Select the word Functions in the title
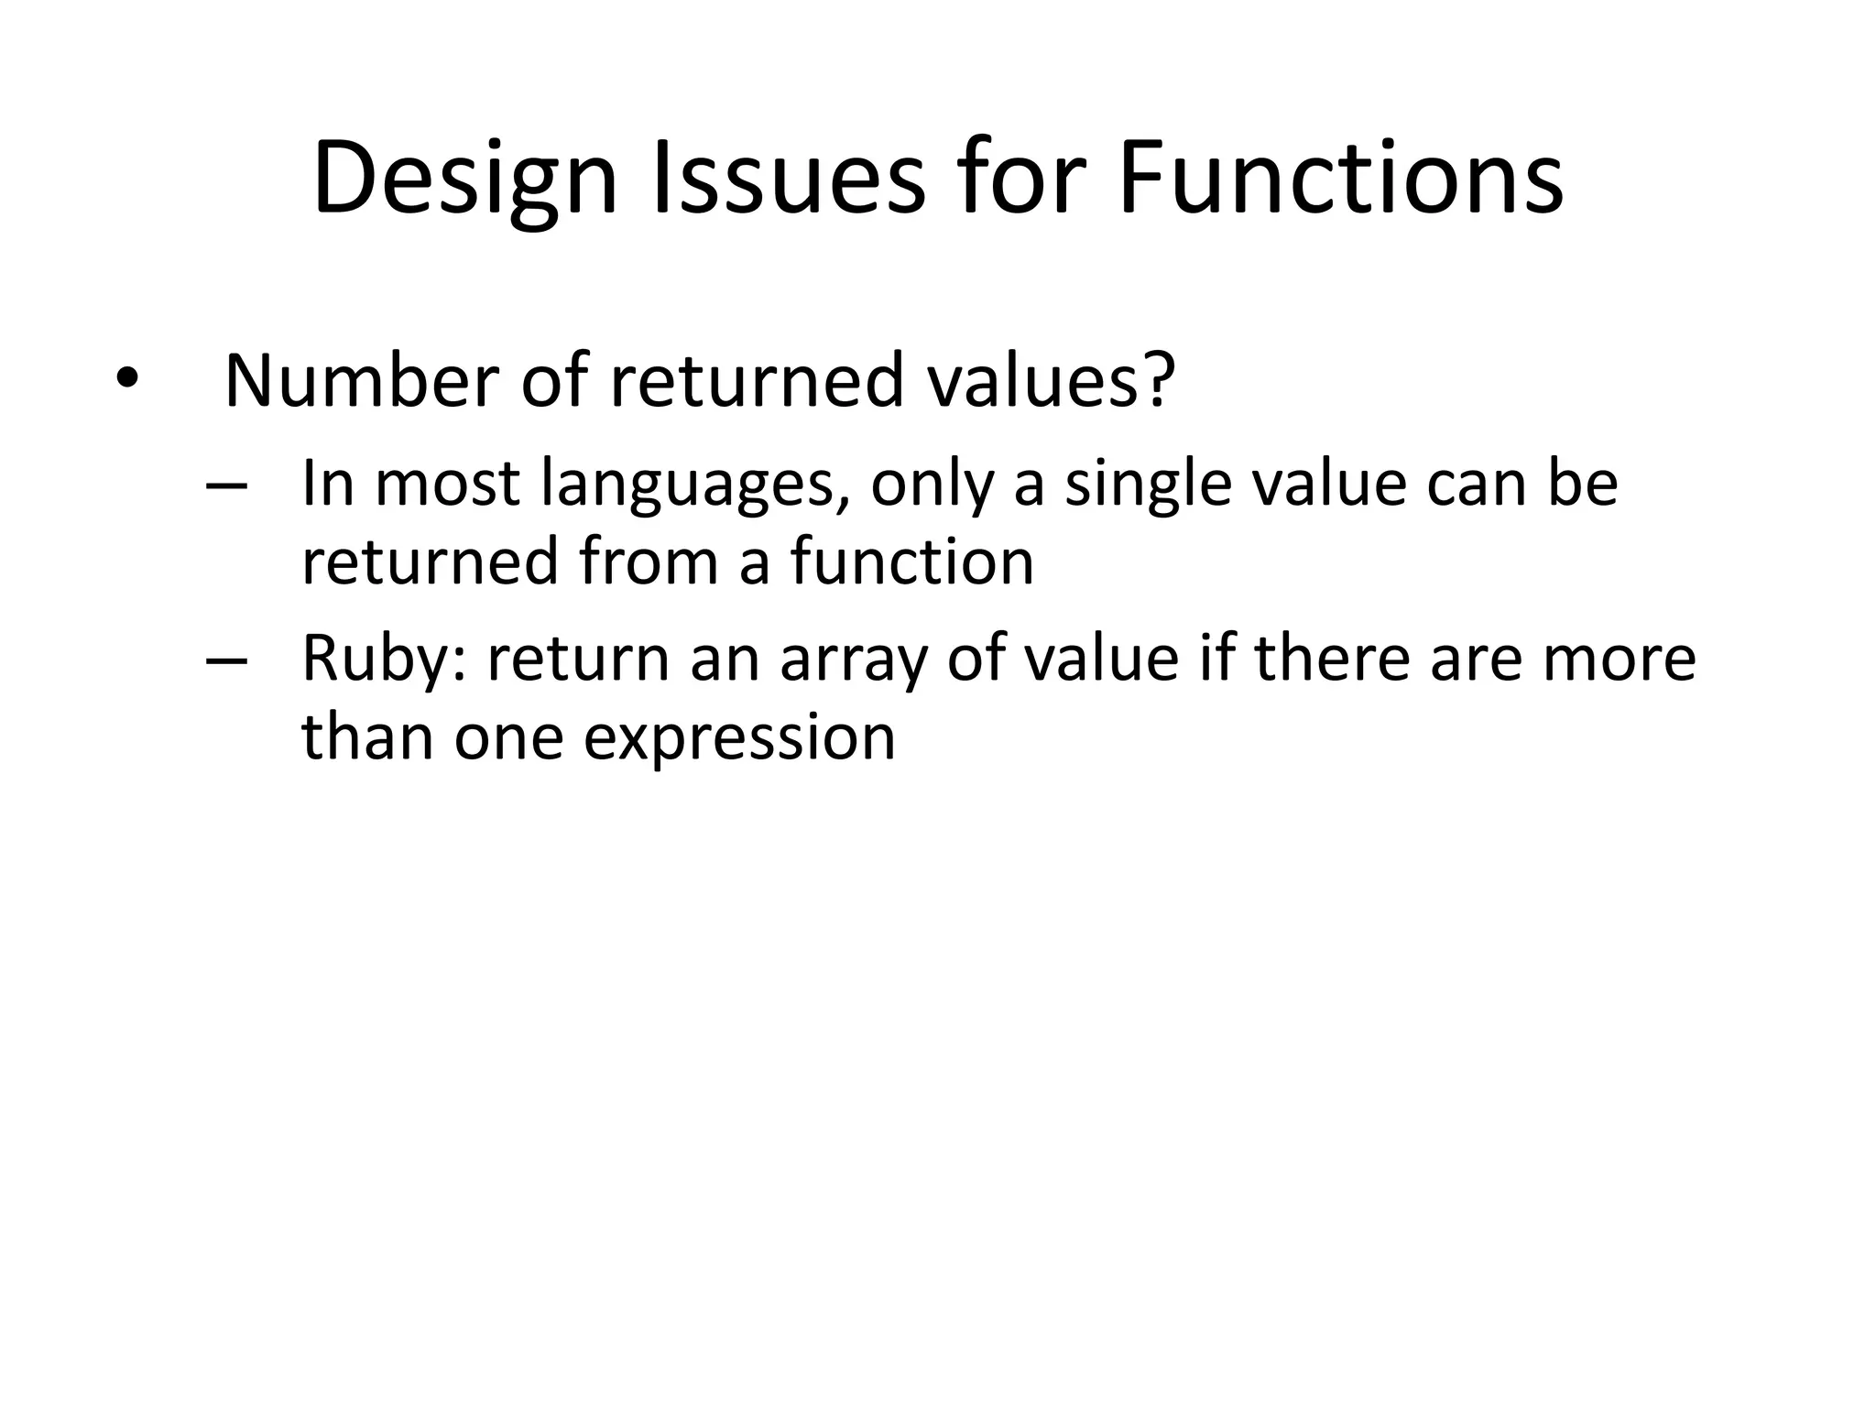(1340, 179)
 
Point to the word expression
(739, 737)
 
